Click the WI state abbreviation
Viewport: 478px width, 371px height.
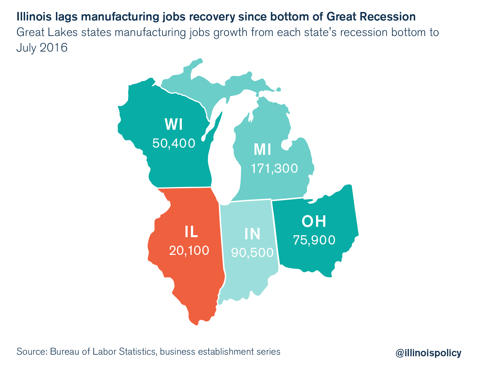[173, 125]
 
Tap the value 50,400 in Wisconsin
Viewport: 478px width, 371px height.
[174, 143]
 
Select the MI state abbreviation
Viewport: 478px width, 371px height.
[262, 150]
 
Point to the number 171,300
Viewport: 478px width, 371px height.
[274, 168]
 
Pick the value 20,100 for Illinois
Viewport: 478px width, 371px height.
[189, 251]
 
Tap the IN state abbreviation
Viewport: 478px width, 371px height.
[252, 234]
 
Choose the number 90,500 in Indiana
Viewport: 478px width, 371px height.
[252, 253]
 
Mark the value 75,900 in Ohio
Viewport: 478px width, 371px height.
[314, 240]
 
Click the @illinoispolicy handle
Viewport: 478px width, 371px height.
[428, 353]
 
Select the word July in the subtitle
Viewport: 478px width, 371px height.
[26, 48]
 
